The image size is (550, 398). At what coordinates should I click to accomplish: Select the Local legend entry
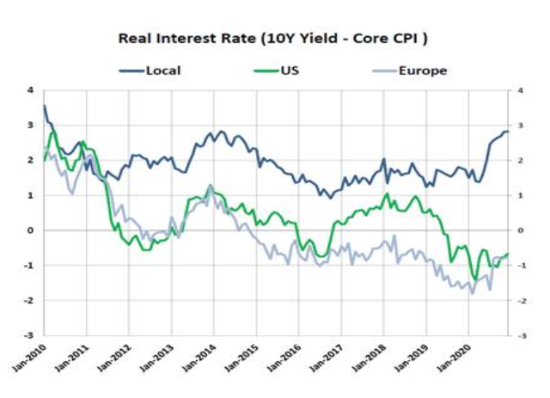[x=162, y=69]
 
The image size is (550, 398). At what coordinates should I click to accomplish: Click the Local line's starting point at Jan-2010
[x=44, y=106]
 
